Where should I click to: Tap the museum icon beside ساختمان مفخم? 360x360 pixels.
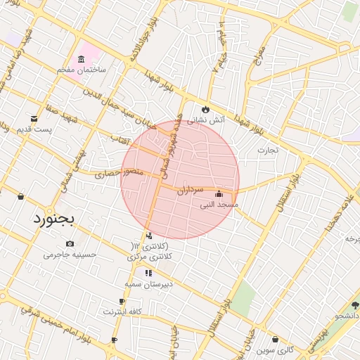[82, 58]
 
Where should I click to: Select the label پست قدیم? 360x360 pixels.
[34, 131]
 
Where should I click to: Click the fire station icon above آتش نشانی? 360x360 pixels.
[205, 109]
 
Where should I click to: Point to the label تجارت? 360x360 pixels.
[267, 150]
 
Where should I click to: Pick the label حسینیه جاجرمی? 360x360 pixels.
[68, 254]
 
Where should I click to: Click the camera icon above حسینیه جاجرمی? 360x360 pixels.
[69, 243]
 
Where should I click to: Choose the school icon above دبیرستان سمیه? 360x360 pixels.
[148, 273]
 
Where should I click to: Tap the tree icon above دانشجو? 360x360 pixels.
[354, 305]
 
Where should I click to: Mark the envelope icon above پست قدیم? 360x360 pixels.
[34, 119]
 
